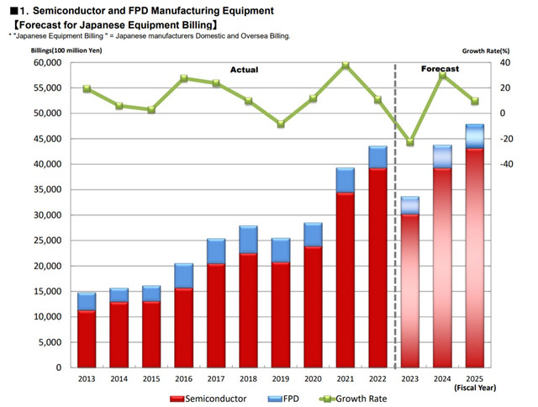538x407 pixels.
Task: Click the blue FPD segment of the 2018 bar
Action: click(248, 240)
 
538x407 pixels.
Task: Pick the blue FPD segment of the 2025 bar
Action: click(475, 137)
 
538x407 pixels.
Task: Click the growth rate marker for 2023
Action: click(410, 142)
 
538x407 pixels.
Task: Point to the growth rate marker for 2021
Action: click(345, 65)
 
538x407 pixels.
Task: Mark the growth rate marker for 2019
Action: click(281, 124)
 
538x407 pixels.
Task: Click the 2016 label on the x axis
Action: click(184, 378)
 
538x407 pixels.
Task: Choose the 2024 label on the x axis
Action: click(443, 378)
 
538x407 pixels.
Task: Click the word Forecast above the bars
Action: click(441, 69)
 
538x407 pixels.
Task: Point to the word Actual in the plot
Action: click(244, 69)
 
